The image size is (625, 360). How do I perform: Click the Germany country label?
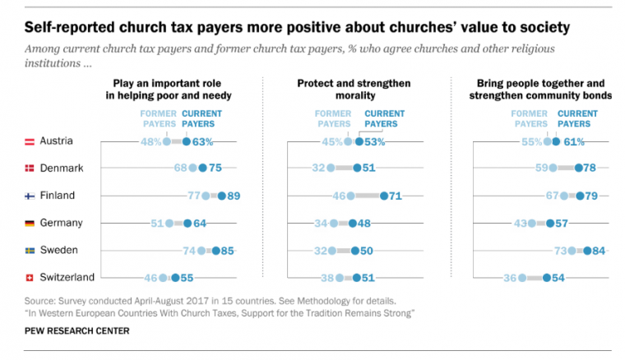[x=62, y=223]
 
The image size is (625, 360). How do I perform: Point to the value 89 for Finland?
[x=233, y=196]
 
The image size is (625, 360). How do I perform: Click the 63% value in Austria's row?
[x=202, y=141]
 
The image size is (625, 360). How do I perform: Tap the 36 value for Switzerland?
[x=509, y=278]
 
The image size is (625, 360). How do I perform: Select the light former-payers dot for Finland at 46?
[x=350, y=196]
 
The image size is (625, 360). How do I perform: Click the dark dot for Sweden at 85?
[x=215, y=251]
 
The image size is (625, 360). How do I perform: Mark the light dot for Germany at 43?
[x=531, y=223]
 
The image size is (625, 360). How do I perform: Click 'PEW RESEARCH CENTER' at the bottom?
[x=76, y=330]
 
